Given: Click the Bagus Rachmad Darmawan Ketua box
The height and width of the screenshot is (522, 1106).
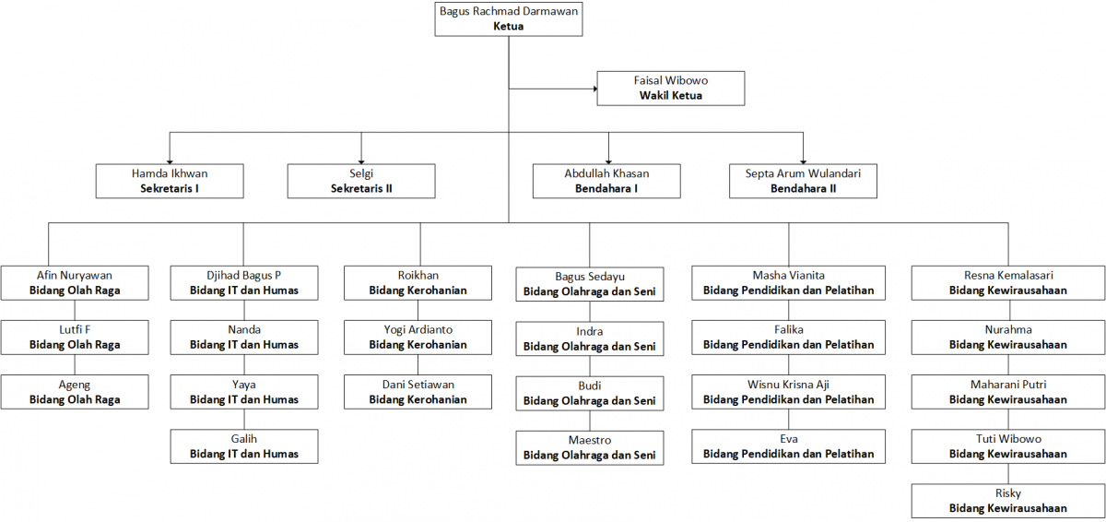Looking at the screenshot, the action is click(509, 18).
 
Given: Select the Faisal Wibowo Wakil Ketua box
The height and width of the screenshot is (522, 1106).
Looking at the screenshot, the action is click(671, 89).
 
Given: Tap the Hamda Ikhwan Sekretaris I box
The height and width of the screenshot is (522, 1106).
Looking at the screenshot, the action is click(170, 182).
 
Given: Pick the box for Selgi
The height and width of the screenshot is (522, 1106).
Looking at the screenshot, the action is click(361, 182).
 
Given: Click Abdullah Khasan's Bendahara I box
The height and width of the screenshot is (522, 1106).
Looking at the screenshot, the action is click(606, 182).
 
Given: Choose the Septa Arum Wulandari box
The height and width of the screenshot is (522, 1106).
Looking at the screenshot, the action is click(804, 182).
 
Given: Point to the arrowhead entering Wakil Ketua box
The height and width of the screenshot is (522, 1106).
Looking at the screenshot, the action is click(595, 89).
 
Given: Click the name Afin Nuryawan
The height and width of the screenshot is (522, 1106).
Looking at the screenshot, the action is click(75, 276).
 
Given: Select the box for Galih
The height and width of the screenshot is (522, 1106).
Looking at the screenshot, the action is click(244, 446).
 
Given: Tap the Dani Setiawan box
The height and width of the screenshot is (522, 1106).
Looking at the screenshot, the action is click(418, 392).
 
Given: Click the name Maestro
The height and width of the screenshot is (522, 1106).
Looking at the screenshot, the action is click(590, 440).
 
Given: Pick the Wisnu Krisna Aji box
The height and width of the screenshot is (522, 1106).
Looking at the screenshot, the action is click(789, 392).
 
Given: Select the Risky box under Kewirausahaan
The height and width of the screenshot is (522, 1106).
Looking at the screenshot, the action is click(1008, 501).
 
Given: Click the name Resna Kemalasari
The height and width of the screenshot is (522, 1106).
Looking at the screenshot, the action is click(1008, 275).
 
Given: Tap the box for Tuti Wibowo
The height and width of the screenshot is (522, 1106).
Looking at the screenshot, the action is click(1008, 446).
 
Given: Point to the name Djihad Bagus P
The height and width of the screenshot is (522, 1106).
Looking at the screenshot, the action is click(244, 276).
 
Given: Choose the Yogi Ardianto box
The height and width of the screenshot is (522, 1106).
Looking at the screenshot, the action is click(418, 338).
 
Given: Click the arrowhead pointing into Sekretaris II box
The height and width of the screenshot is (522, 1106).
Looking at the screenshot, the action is click(361, 161).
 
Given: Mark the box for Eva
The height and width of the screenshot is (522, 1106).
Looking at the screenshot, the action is click(789, 446).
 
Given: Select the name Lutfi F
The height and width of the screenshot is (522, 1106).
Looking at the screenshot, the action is click(75, 329).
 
